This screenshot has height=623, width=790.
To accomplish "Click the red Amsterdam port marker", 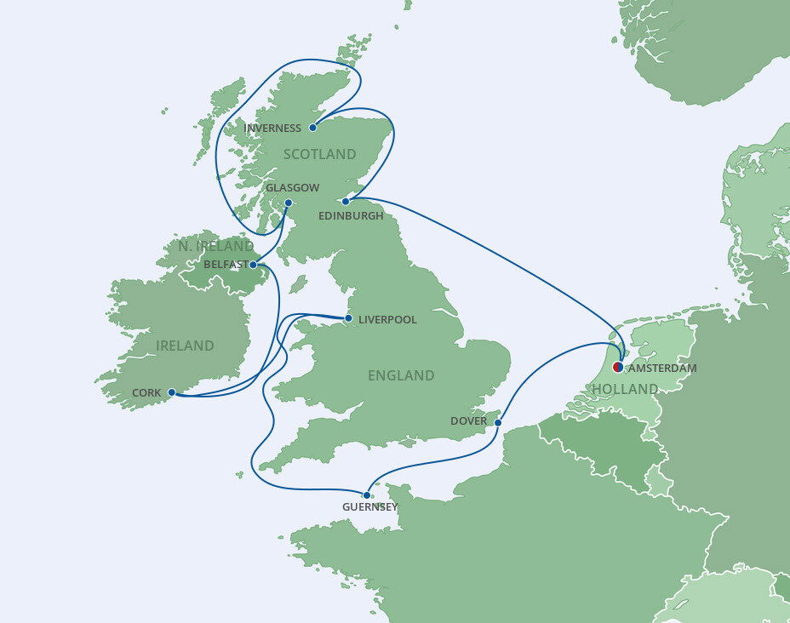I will point(618,368).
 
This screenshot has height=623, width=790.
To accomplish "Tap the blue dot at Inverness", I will point(313,129).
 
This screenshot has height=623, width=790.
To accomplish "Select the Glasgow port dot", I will point(289,203).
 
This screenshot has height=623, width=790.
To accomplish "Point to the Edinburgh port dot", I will point(345,202).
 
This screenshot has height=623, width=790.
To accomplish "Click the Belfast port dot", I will point(253,265).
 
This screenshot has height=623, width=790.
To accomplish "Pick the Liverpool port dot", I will point(348,318).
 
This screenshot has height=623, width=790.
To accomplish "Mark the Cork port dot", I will point(171,392).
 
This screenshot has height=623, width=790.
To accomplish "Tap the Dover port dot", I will point(498,422).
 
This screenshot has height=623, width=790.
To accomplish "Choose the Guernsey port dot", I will point(366,494).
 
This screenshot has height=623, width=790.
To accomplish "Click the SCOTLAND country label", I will point(319,154).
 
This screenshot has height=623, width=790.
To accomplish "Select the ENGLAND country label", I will point(401,375).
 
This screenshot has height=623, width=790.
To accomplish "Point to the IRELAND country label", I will point(185,346).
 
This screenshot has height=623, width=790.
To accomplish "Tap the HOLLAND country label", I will point(625,389).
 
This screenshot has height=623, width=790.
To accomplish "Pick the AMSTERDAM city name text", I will point(662,369).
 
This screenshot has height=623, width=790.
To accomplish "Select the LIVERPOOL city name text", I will point(387,320).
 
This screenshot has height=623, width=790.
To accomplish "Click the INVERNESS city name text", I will point(272,129).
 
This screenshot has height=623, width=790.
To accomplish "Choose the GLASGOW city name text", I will point(292,187).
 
